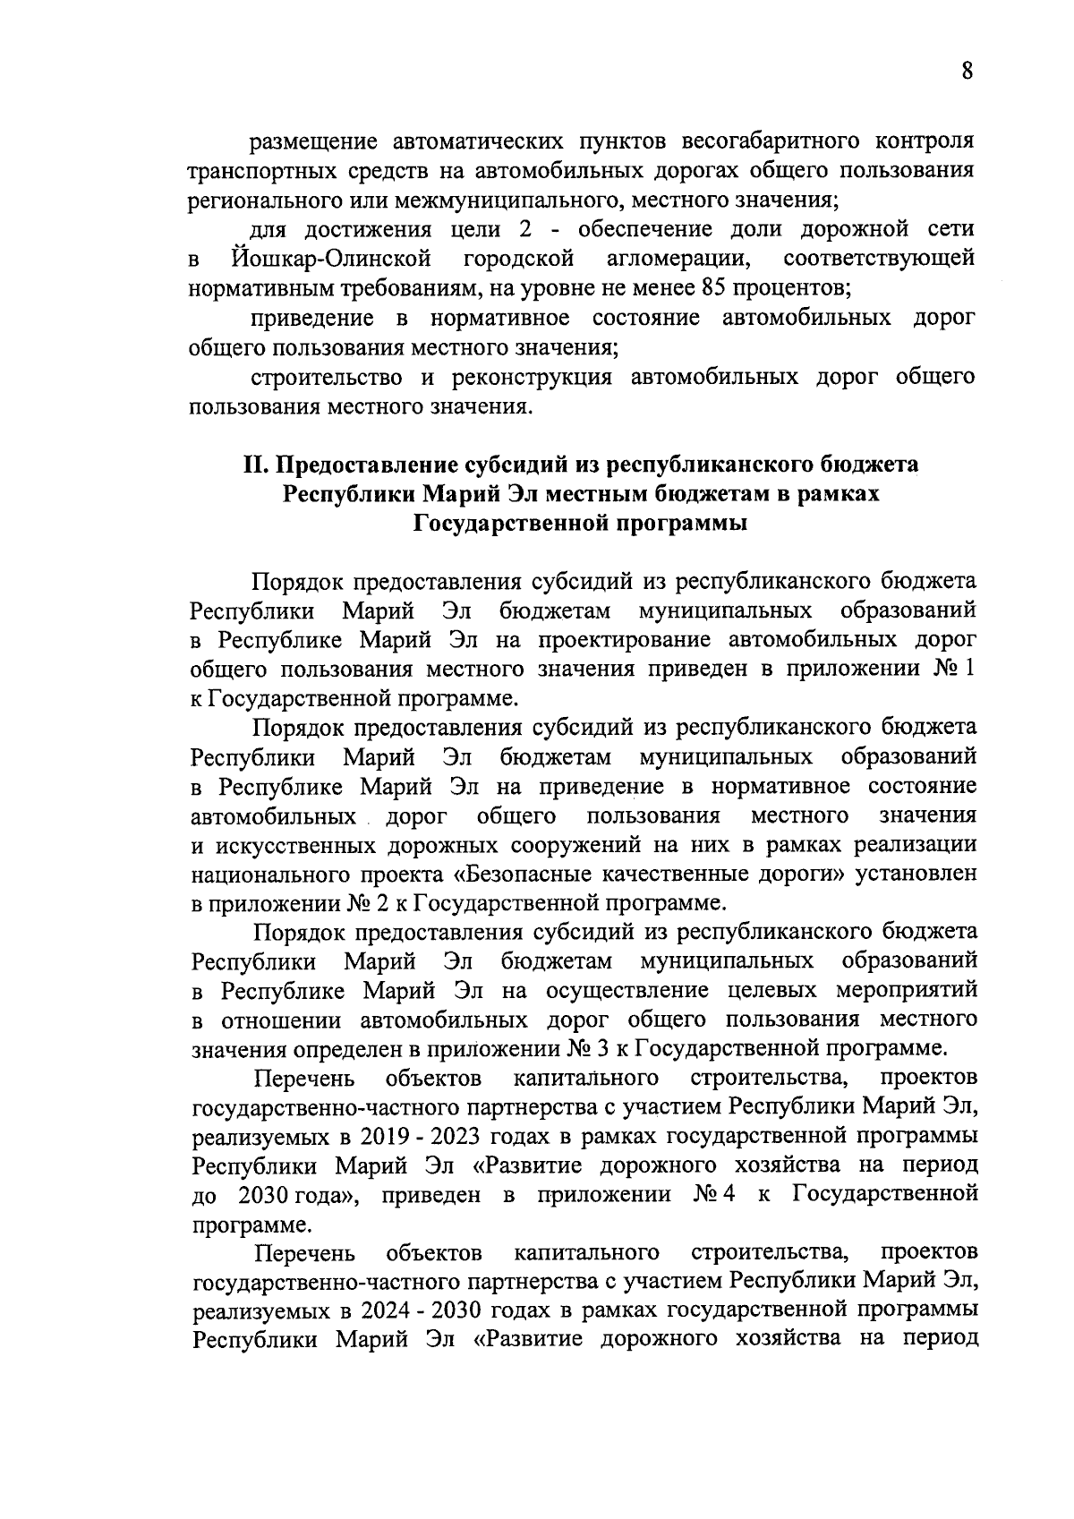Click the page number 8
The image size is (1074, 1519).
[967, 72]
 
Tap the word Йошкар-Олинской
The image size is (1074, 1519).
[330, 260]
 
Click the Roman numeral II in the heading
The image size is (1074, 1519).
[257, 465]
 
